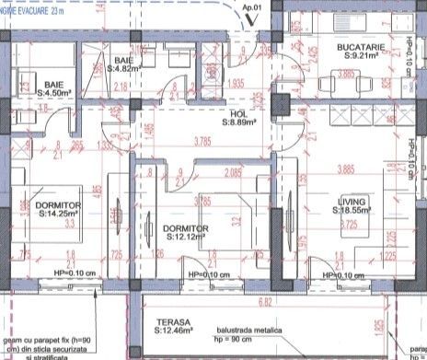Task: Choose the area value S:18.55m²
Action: click(352, 211)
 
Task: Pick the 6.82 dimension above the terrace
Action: click(263, 302)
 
